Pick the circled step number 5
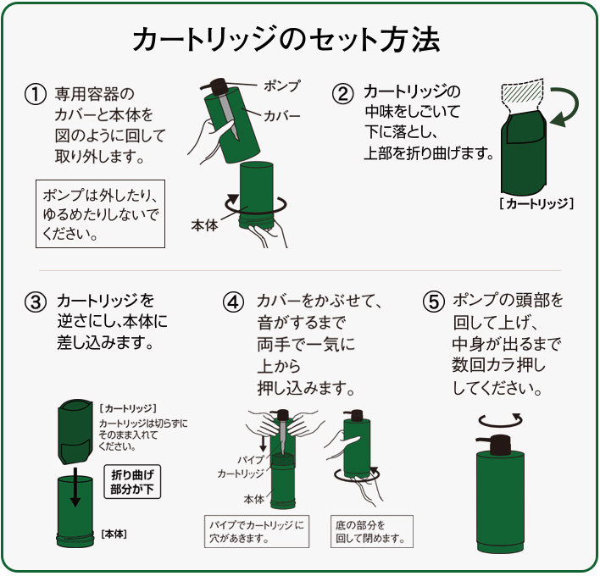(x=432, y=302)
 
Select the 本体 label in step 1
(x=204, y=225)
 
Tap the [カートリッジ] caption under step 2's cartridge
(x=536, y=204)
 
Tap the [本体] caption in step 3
(x=114, y=534)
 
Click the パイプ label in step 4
(x=253, y=460)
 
